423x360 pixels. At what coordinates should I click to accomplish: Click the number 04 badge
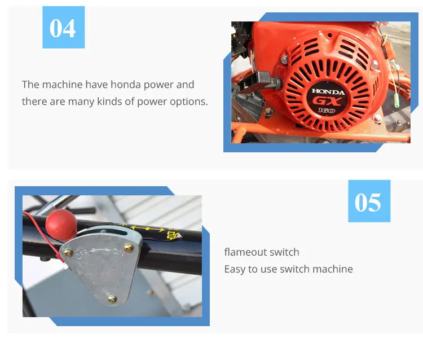click(x=63, y=27)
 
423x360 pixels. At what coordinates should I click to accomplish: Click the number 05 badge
click(x=368, y=201)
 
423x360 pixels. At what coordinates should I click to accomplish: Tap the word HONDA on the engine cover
click(x=326, y=91)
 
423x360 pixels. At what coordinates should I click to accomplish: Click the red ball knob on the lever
click(x=60, y=224)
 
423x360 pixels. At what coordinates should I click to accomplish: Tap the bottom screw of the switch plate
click(x=112, y=298)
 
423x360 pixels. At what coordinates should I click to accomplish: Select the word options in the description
click(x=189, y=102)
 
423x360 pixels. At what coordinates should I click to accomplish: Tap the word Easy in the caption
click(x=236, y=269)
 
